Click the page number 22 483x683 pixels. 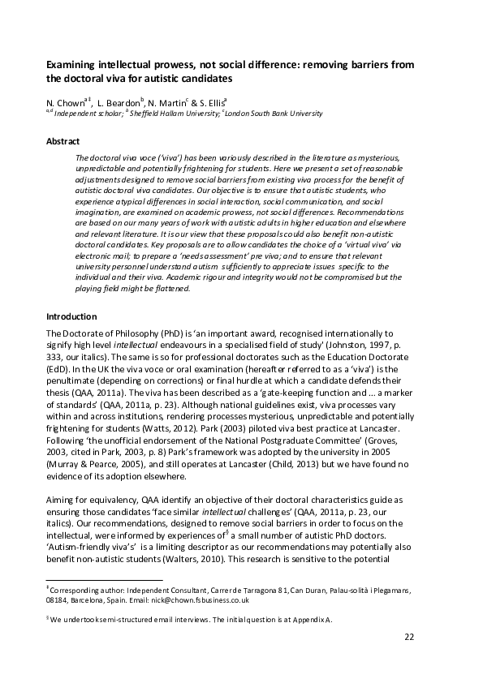(409, 637)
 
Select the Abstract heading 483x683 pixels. (62, 140)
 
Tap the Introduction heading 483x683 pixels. (71, 316)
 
